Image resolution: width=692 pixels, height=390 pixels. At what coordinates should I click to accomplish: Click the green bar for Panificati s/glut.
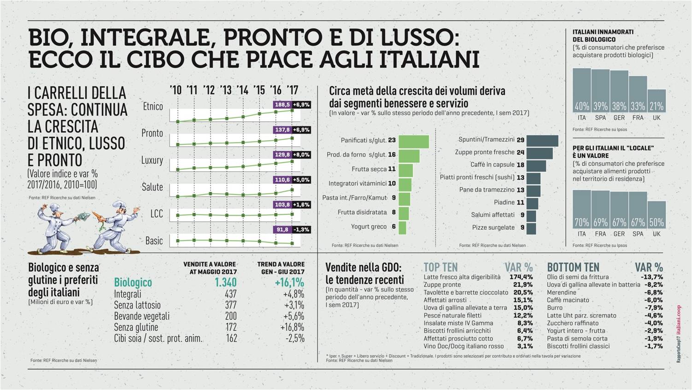point(413,142)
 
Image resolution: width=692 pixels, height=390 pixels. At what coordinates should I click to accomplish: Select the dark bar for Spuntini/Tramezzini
point(542,140)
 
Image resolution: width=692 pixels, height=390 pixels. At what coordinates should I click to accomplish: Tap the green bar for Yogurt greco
point(402,227)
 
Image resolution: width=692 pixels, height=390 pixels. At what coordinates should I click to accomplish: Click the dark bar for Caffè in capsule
point(536,165)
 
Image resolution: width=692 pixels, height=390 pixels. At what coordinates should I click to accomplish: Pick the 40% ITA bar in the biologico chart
point(581,90)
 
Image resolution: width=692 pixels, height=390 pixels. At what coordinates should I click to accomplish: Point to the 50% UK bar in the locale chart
point(656,214)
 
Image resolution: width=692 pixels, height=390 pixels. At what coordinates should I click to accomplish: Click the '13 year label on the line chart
point(226,90)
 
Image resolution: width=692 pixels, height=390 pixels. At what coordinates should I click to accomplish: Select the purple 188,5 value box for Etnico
point(282,105)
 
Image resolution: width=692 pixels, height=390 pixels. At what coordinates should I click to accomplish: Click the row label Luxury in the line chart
point(152,160)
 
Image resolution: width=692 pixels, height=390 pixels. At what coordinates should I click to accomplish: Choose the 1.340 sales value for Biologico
point(225,282)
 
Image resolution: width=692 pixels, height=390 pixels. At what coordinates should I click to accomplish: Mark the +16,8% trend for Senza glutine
point(292,327)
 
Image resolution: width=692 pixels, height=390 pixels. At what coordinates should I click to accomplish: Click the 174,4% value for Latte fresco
point(521,277)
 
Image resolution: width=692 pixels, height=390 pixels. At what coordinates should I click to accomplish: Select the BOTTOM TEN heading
point(573,267)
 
